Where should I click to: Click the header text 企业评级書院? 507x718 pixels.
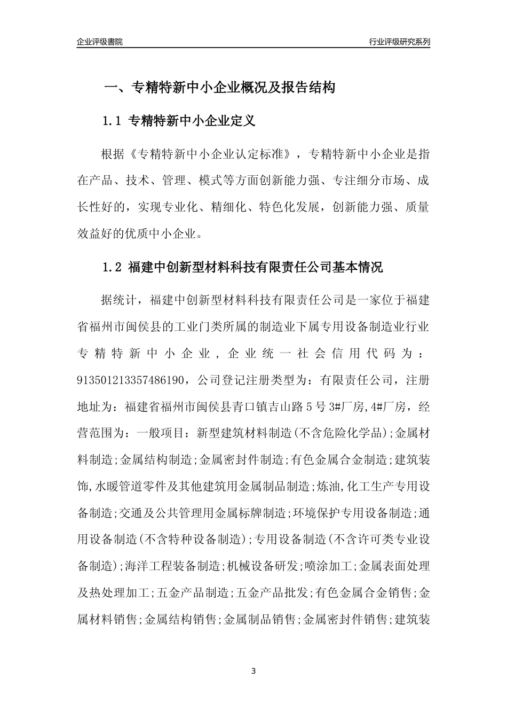pyautogui.click(x=100, y=42)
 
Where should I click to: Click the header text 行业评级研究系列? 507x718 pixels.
pyautogui.click(x=399, y=42)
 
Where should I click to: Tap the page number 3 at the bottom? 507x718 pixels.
pyautogui.click(x=253, y=671)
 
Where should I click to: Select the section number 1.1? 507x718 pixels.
pyautogui.click(x=113, y=121)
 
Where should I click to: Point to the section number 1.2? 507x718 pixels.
pyautogui.click(x=113, y=267)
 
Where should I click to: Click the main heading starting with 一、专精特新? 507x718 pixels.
pyautogui.click(x=219, y=88)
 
